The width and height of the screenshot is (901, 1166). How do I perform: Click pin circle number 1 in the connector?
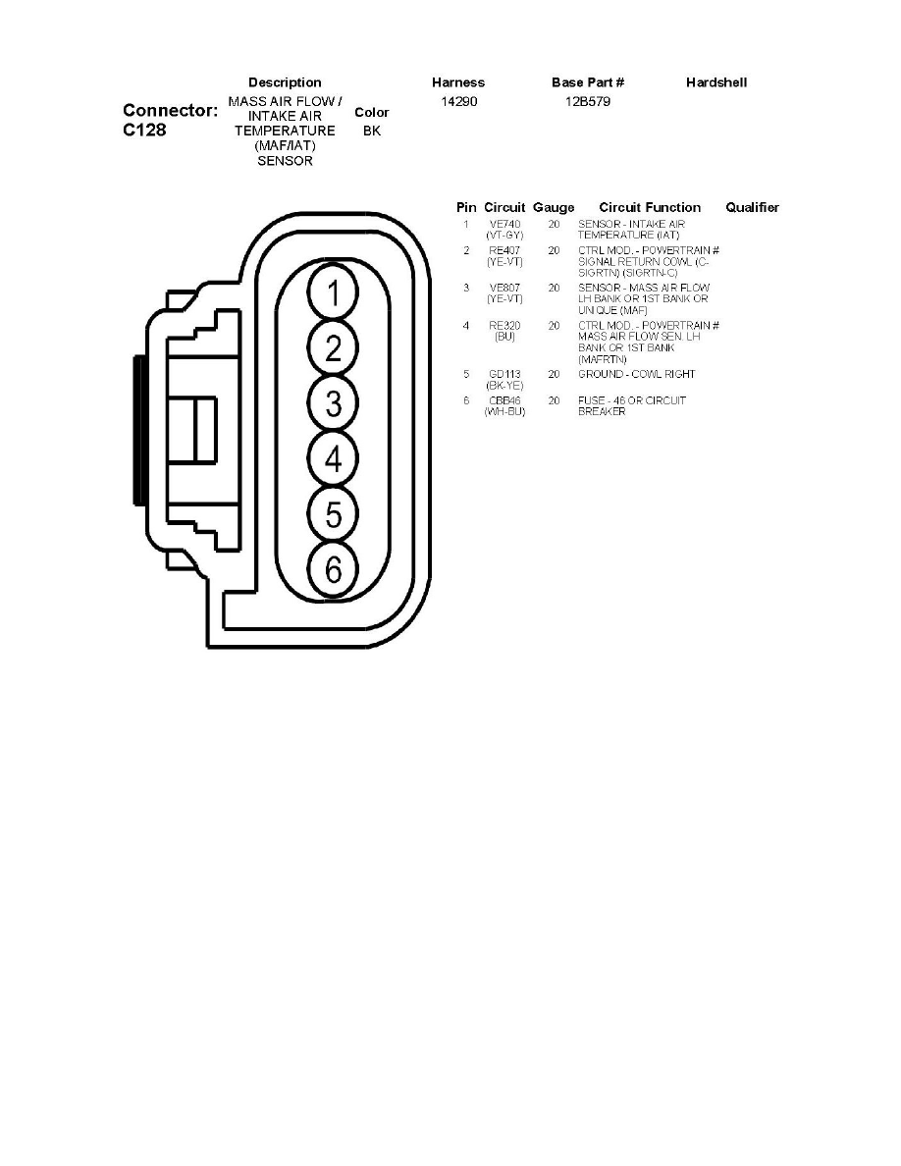(334, 292)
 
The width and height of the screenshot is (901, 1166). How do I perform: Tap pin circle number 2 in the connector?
(334, 347)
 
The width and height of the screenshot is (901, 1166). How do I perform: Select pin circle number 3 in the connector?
(334, 402)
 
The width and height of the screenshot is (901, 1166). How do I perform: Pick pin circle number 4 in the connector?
(334, 458)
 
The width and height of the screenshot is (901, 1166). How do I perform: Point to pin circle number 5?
(334, 513)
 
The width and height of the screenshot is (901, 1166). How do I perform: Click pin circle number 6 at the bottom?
(334, 568)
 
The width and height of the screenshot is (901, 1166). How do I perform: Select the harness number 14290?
(458, 101)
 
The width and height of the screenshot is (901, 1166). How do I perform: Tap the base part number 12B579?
(588, 101)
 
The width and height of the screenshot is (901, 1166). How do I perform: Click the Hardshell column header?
(716, 82)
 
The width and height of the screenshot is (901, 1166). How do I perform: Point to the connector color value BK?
(371, 131)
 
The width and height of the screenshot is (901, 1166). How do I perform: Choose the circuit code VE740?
(504, 225)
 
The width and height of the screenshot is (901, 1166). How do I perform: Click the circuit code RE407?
(504, 251)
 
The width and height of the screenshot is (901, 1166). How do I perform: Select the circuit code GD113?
(504, 374)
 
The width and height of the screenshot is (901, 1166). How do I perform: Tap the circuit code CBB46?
(504, 400)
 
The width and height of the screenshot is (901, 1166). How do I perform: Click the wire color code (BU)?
(504, 337)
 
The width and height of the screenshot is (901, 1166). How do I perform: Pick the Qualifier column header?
(752, 207)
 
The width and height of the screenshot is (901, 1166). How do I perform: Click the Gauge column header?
(554, 207)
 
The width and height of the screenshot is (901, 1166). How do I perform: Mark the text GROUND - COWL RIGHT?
(636, 374)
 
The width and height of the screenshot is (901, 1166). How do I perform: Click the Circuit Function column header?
(650, 207)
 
